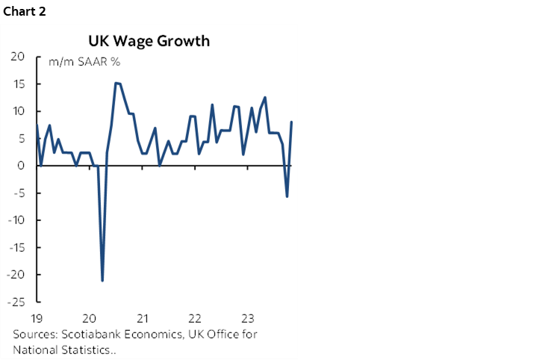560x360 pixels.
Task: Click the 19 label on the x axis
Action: point(37,316)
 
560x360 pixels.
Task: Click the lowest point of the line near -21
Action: point(102,280)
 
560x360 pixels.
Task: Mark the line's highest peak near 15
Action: point(116,83)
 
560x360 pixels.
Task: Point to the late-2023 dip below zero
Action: point(287,196)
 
